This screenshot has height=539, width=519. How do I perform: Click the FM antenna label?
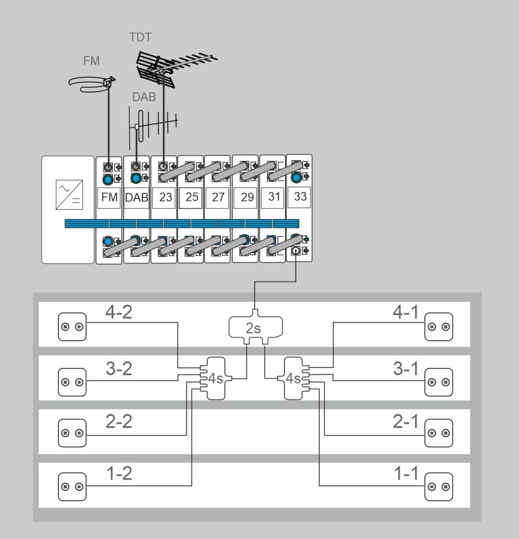click(92, 61)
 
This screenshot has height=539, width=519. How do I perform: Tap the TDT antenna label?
click(140, 37)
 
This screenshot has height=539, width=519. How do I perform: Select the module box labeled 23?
click(165, 198)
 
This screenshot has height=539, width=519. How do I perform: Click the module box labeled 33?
click(300, 196)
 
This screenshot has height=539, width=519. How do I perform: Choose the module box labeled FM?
click(110, 198)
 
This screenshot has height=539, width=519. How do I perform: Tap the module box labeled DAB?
click(137, 198)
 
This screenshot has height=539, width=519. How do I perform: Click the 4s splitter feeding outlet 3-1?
click(293, 378)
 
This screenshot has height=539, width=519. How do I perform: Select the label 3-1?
click(406, 369)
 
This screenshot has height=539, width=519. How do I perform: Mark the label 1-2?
click(119, 474)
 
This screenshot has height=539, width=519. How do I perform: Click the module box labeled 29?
click(247, 198)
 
